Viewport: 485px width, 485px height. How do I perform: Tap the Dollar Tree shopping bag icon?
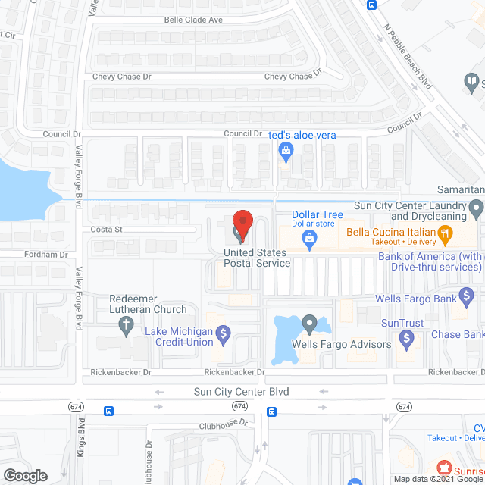[x=309, y=240]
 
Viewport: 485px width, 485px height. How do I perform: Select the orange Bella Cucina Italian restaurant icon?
[x=447, y=236]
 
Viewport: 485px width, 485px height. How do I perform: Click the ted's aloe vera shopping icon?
[x=286, y=152]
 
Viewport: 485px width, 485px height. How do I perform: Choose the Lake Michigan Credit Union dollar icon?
[x=223, y=333]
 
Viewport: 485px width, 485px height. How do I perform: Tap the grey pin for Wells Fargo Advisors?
[x=309, y=324]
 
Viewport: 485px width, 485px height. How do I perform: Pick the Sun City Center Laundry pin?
[x=476, y=207]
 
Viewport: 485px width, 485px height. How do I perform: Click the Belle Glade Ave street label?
[x=193, y=20]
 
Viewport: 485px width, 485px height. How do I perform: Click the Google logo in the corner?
[x=25, y=475]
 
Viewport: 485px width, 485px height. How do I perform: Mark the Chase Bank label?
[x=457, y=334]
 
